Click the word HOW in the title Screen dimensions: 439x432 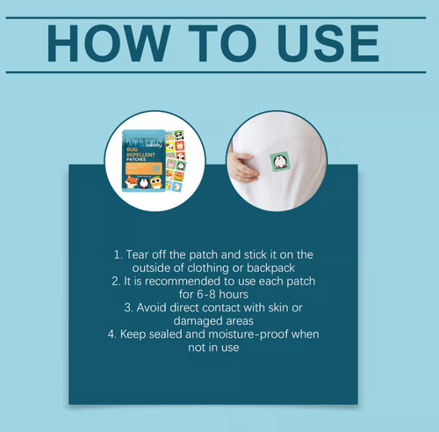pos(109,43)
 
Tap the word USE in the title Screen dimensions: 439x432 pos(328,43)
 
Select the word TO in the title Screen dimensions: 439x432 pos(222,43)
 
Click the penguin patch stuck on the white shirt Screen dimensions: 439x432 pos(280,162)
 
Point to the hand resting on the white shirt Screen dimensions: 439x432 pos(242,166)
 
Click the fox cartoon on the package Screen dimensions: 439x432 pos(131,182)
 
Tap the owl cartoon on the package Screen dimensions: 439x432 pos(156,182)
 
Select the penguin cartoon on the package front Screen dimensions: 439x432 pos(144,183)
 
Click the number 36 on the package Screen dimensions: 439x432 pos(155,168)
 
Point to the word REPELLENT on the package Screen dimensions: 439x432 pos(140,155)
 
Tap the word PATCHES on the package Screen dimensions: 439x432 pos(136,159)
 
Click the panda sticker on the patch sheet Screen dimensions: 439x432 pos(179,135)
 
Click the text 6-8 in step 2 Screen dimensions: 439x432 pos(207,294)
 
